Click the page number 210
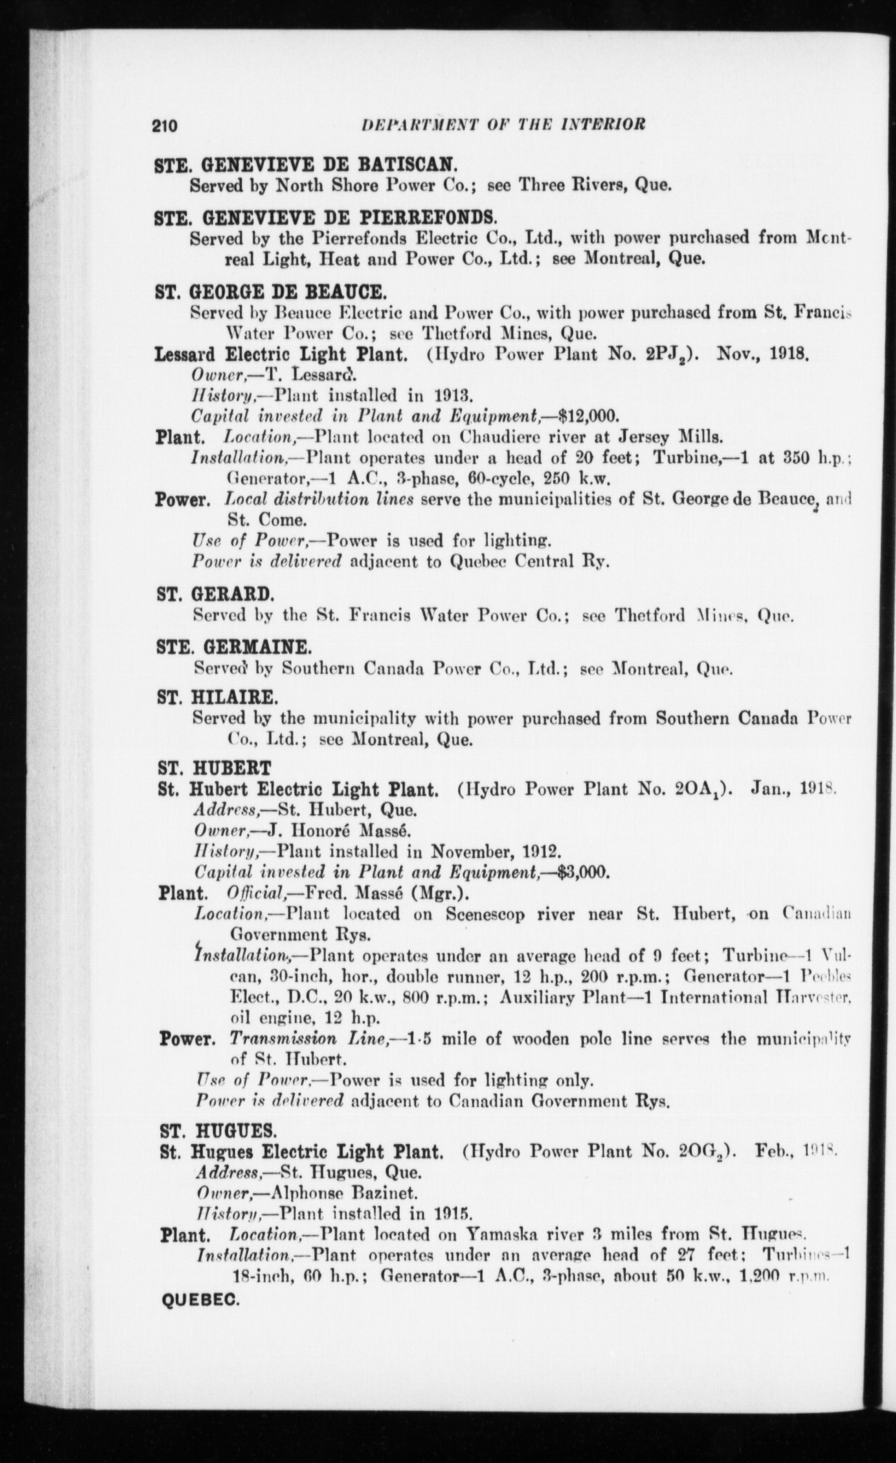tap(165, 126)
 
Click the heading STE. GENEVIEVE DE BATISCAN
tap(305, 166)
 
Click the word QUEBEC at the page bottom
tap(199, 1301)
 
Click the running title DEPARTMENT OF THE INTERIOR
tap(502, 125)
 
